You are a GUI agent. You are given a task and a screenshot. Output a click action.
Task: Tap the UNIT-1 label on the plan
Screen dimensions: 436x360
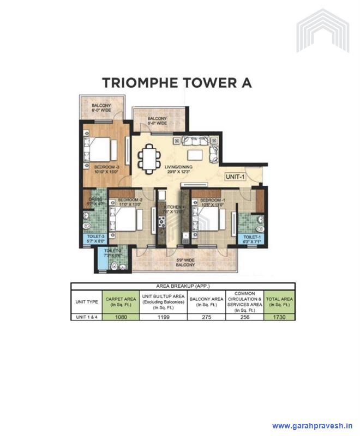(x=237, y=177)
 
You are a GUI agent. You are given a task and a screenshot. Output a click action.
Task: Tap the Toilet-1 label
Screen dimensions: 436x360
(x=251, y=238)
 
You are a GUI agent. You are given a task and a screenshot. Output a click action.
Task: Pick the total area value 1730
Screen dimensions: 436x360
(x=279, y=317)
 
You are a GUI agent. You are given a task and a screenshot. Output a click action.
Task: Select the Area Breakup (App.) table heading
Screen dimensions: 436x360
(x=183, y=286)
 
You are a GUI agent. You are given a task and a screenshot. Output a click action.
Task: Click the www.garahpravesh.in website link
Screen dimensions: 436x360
(x=313, y=426)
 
